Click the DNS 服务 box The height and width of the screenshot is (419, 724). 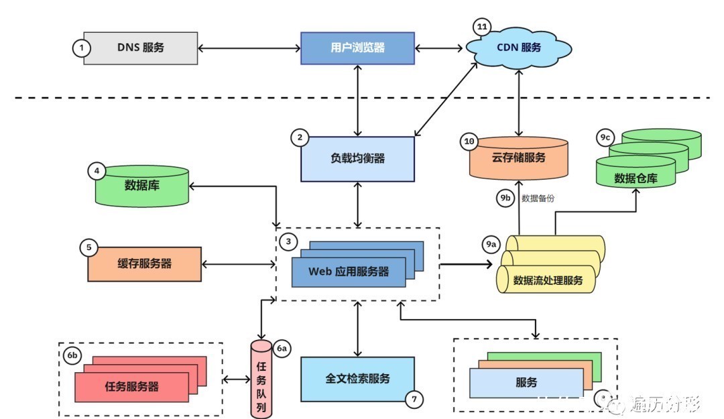(x=141, y=48)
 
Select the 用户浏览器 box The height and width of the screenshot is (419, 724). (x=357, y=48)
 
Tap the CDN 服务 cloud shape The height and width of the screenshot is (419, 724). (x=519, y=48)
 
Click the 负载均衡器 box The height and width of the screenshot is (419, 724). (x=357, y=159)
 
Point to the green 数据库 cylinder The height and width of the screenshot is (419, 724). (x=141, y=186)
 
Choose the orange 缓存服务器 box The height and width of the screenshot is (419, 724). (x=144, y=263)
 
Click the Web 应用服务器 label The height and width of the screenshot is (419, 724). (x=349, y=272)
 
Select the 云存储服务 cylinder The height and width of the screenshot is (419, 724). (x=519, y=159)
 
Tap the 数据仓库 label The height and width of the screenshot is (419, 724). (x=636, y=178)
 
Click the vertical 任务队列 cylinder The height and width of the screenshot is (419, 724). (x=262, y=379)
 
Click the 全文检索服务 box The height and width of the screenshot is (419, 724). (x=357, y=379)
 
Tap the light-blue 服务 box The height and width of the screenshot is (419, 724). (x=526, y=383)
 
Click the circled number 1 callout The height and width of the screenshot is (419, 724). (x=82, y=48)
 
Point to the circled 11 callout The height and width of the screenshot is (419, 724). (x=481, y=27)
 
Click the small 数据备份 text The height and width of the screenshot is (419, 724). (x=538, y=198)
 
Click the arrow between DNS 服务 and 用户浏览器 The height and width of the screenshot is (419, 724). (x=249, y=48)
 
